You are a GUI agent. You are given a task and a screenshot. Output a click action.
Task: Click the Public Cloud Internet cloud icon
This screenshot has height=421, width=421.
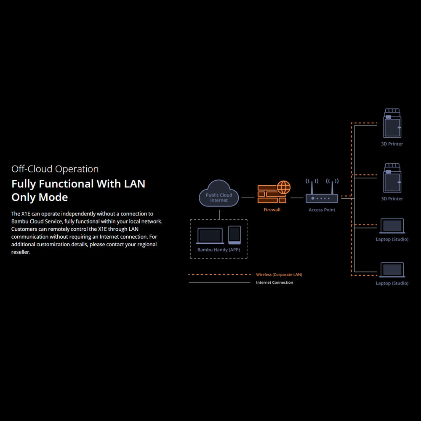219,193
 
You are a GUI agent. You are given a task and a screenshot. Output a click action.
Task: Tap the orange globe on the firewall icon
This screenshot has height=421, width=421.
283,187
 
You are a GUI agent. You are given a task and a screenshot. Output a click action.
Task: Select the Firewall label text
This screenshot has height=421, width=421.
272,210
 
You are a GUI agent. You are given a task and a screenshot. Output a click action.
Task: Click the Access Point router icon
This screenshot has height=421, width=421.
322,198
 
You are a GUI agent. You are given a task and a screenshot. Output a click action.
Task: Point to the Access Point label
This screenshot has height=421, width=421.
322,210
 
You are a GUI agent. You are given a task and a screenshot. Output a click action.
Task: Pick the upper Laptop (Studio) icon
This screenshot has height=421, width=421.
392,226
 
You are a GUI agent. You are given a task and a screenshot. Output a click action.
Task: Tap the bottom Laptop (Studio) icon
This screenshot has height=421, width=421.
392,270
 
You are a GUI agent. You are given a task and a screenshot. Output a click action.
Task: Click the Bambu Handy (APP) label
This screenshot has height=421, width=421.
218,250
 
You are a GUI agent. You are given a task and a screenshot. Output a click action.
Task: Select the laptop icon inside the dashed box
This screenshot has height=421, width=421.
210,236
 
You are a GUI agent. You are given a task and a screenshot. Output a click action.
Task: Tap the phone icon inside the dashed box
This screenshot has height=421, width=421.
234,234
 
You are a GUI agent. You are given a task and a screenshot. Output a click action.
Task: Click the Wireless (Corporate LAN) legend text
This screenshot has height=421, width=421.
279,274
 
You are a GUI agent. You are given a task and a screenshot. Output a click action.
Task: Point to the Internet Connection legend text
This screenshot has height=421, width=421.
274,282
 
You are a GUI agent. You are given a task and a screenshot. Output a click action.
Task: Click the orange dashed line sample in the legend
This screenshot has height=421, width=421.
219,274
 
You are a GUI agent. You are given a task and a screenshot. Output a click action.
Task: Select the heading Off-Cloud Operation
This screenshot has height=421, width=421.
55,169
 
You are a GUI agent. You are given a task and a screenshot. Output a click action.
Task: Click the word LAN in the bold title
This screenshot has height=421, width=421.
134,184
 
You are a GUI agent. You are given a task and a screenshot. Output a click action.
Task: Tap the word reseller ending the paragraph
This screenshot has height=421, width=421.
21,252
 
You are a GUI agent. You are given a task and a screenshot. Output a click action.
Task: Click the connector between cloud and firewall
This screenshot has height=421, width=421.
248,197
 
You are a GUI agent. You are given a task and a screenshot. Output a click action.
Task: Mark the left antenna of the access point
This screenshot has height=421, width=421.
312,186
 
